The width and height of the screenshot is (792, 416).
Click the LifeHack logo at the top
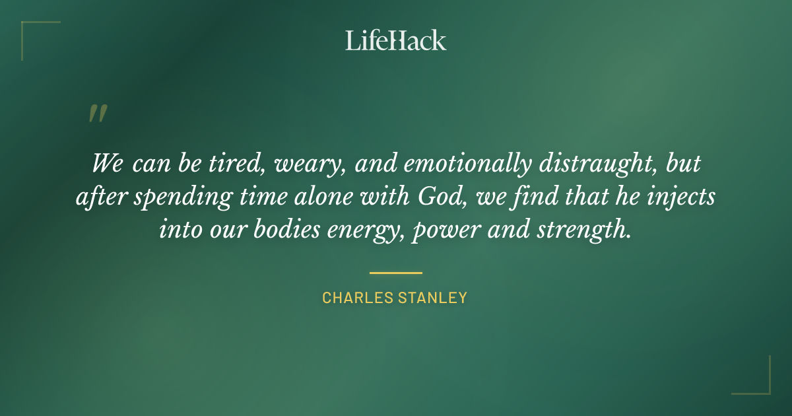click(396, 40)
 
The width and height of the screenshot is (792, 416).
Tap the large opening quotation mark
click(97, 114)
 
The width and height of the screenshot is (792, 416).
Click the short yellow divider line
click(395, 272)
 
